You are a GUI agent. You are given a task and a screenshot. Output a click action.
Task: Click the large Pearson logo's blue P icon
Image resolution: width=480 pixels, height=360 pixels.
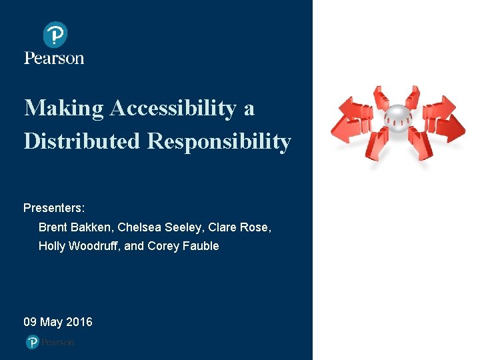coord(55,35)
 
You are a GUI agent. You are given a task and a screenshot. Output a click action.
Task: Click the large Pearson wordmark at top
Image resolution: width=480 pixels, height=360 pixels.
coord(54,58)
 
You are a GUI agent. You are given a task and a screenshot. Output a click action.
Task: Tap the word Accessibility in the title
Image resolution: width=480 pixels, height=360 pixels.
coord(173,108)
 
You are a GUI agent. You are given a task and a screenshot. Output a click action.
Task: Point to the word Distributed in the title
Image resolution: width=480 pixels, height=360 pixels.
coord(82,141)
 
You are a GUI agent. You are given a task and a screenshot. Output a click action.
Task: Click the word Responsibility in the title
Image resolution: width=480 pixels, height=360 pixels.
coord(219,141)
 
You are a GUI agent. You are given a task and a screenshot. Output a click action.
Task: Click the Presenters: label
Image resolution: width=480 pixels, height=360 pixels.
coord(54,208)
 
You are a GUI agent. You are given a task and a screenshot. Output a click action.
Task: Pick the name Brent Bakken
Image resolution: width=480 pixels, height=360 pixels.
coord(74,227)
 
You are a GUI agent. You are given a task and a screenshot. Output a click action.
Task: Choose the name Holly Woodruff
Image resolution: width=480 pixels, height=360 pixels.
coord(78,247)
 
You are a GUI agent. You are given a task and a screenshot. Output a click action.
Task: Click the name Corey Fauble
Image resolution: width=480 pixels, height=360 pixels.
coord(183,247)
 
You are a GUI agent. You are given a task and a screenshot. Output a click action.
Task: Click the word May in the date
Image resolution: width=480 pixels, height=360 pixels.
coord(51,323)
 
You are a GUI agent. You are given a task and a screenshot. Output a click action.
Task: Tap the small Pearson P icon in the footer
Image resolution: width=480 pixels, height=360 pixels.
coord(32,342)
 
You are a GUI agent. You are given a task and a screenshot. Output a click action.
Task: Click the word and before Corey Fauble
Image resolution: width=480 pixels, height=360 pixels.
coord(134,247)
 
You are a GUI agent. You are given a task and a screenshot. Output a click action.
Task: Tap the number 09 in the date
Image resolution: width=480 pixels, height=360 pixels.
coord(30,323)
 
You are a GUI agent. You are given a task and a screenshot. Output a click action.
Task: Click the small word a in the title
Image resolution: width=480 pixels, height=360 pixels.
coord(249,108)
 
